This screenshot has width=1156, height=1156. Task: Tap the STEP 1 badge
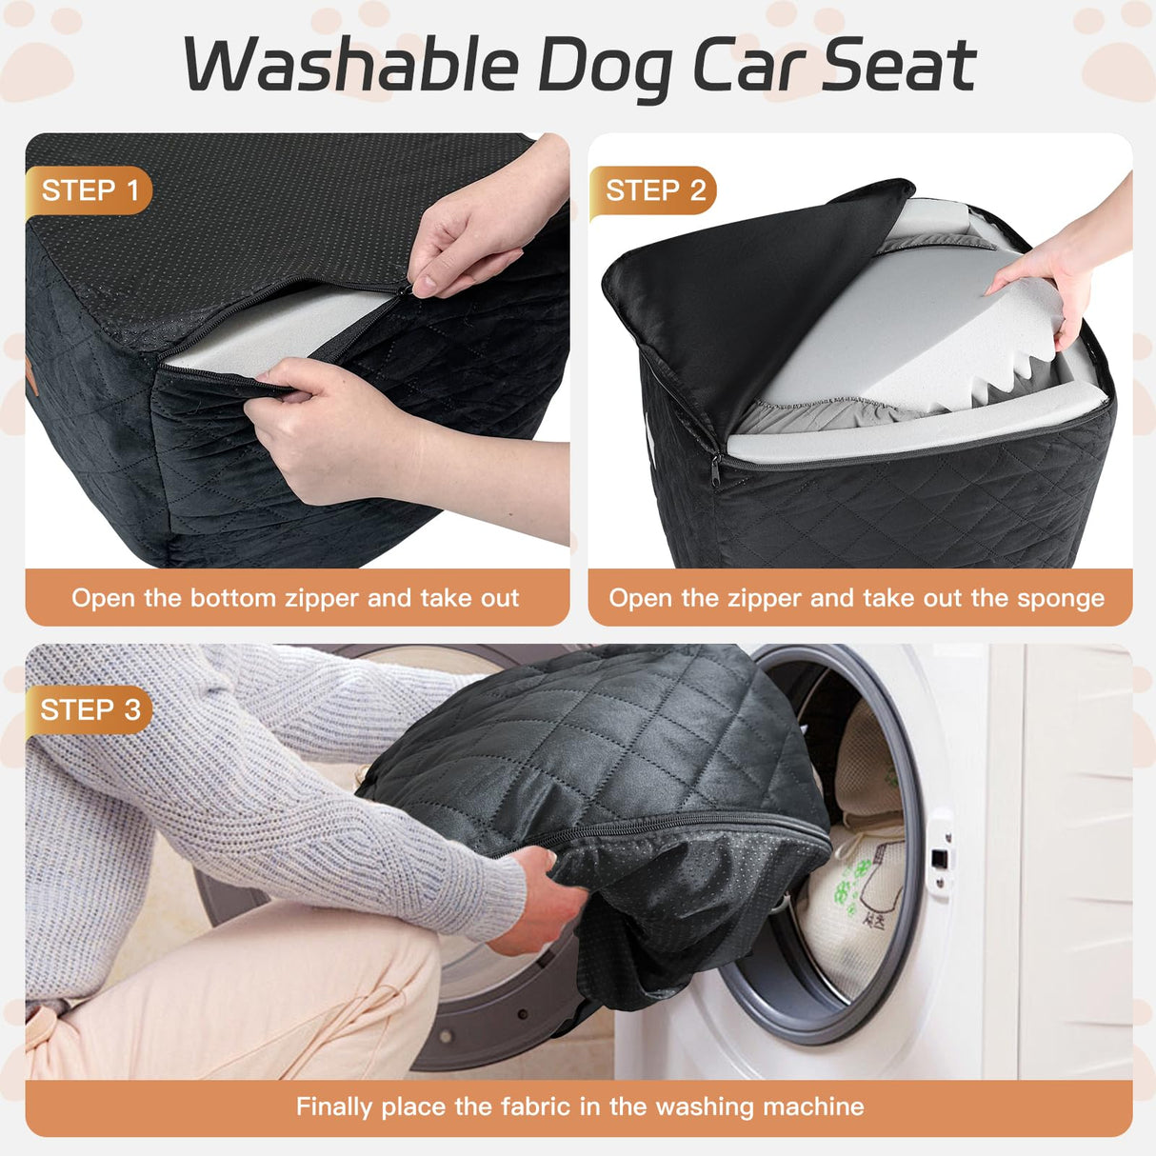tap(90, 190)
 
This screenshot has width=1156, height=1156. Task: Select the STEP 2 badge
tap(655, 190)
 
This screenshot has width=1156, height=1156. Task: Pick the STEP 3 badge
tap(90, 710)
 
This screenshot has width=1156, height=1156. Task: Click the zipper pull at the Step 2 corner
tap(715, 469)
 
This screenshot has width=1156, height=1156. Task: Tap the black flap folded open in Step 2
tap(752, 286)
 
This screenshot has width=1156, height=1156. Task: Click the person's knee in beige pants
tap(381, 962)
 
